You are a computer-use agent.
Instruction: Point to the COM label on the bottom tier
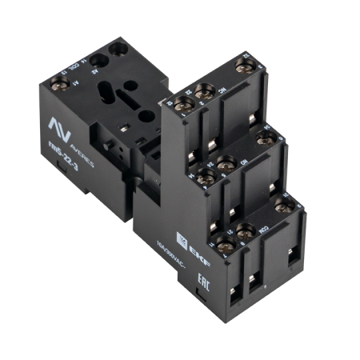pyautogui.click(x=261, y=223)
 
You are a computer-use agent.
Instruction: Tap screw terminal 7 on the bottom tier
pyautogui.click(x=224, y=243)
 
